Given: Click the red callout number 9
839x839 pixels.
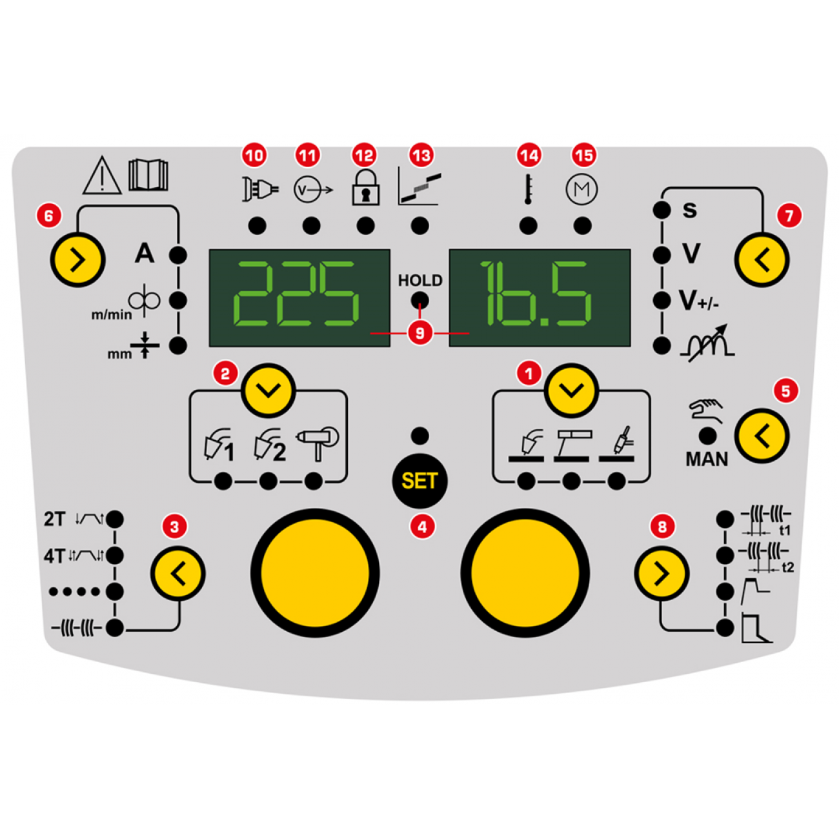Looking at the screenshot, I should point(420,333).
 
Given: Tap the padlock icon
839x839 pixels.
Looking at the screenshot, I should point(365,188).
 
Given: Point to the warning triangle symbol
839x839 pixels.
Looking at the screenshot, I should point(102,176).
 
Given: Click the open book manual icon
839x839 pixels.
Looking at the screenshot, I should point(148,175).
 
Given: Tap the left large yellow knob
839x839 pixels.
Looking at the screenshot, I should point(315,573).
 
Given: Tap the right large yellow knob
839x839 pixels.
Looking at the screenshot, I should point(525,573).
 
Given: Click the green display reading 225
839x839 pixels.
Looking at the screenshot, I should point(299,298).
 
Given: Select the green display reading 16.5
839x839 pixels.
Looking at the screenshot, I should point(540,298).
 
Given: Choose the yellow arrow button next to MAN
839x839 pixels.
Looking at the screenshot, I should point(762,436).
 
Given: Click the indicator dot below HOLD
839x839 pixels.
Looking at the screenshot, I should point(420,301).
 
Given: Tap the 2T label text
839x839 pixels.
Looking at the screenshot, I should point(55,519).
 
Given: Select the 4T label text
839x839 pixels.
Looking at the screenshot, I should point(55,555).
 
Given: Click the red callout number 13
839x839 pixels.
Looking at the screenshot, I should point(421,156).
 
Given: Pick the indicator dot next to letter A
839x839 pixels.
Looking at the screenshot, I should point(177,255).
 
